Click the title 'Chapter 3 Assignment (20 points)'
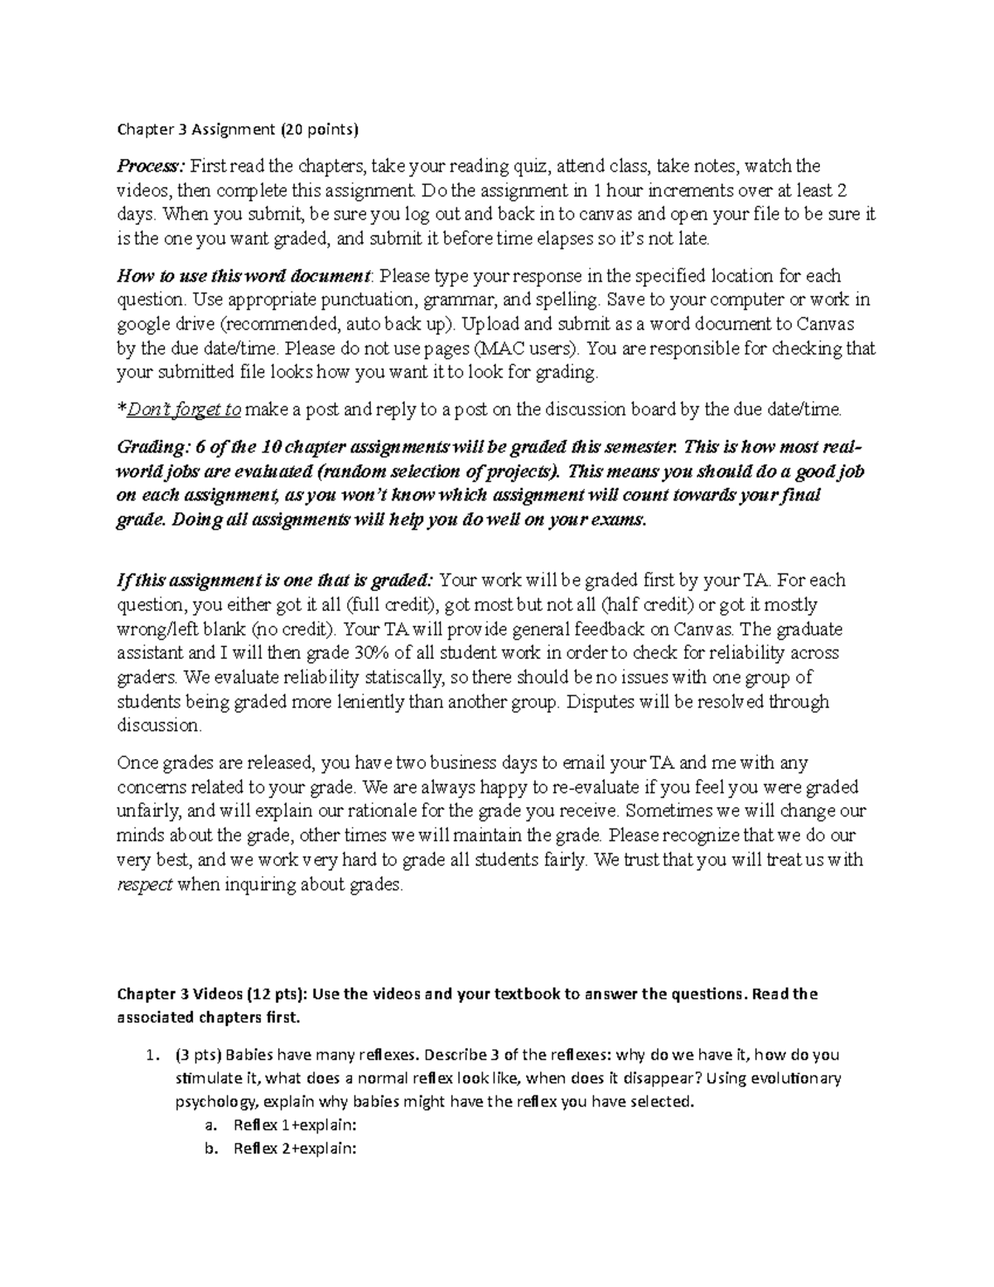[239, 129]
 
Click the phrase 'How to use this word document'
[244, 276]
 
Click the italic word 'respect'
[144, 885]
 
